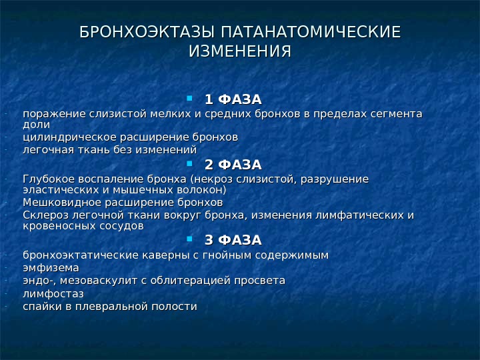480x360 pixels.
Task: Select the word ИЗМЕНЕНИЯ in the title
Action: pos(240,52)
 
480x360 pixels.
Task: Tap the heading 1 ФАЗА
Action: pos(233,100)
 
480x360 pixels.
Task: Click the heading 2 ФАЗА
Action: pos(233,165)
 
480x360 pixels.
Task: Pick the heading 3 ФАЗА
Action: pos(233,239)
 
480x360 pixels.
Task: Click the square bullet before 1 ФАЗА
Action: pos(190,99)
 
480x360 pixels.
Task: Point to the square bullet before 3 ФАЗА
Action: pos(190,238)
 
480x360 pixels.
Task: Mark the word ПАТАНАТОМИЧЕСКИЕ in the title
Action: pos(310,32)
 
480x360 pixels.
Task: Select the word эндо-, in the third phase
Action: pos(38,281)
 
